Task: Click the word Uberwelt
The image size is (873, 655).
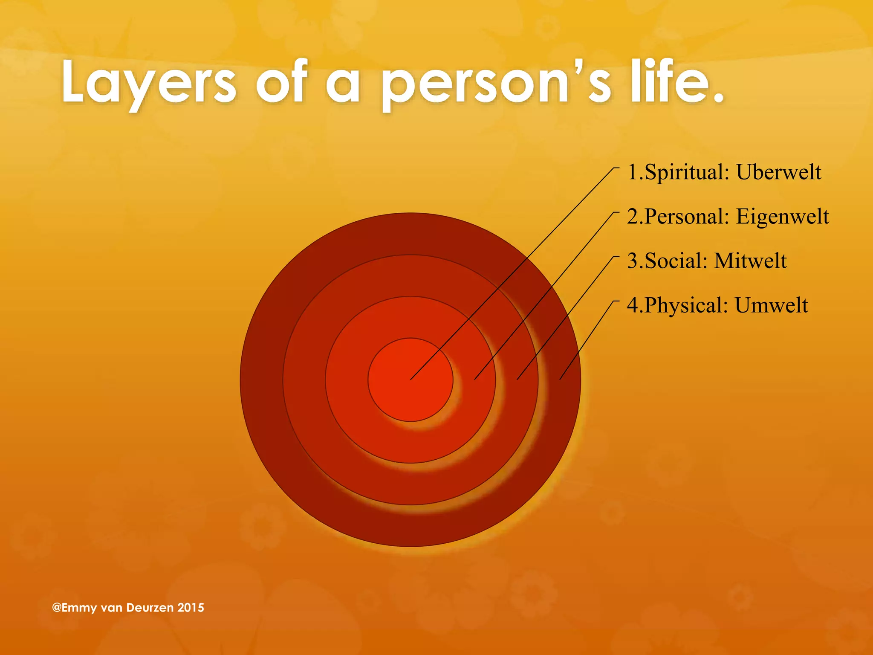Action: pyautogui.click(x=778, y=172)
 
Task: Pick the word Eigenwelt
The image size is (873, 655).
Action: pyautogui.click(x=783, y=217)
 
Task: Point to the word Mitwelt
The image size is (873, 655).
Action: pyautogui.click(x=750, y=261)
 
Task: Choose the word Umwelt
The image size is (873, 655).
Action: pyautogui.click(x=771, y=305)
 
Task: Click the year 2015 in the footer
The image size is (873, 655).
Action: pyautogui.click(x=191, y=608)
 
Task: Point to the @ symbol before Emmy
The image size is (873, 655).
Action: pyautogui.click(x=56, y=608)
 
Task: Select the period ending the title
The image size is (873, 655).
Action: pyautogui.click(x=719, y=99)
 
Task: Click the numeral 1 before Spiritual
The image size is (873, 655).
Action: pyautogui.click(x=633, y=173)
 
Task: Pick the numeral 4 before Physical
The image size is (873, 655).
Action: pyautogui.click(x=633, y=306)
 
